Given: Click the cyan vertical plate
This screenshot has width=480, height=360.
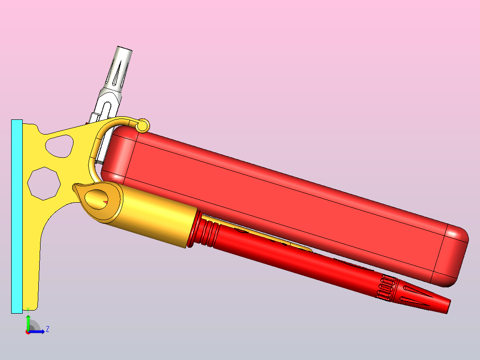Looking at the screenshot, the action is tap(17, 216).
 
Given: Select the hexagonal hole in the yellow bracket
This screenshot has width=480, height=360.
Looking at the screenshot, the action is tap(44, 184).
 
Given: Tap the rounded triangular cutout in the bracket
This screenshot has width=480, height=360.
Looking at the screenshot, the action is tap(60, 146).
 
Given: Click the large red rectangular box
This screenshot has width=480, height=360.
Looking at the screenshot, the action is tap(285, 206).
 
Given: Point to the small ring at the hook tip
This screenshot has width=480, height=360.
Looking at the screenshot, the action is tap(142, 126).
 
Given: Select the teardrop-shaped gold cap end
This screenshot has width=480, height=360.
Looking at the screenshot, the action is tap(98, 200).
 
